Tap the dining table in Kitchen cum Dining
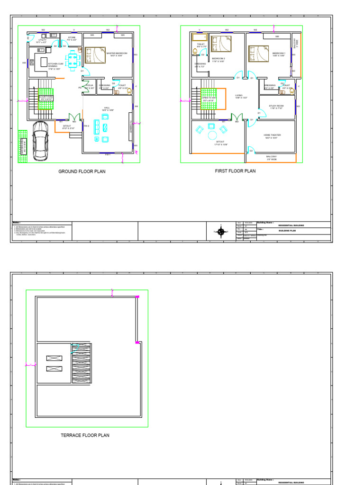point(73,60)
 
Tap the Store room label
point(72,38)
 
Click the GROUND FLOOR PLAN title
point(82,171)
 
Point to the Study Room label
point(276,107)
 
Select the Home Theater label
point(273,135)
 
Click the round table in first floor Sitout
point(211,135)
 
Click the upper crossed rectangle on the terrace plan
point(54,359)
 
